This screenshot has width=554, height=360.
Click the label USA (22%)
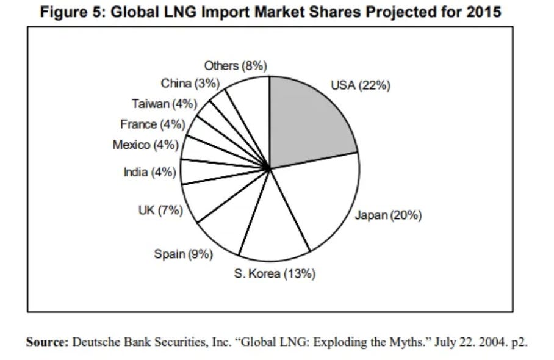pos(361,85)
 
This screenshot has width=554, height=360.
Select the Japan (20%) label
pos(388,215)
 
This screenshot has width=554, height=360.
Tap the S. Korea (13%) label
pos(275,274)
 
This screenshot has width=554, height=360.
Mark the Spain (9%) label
pos(183,254)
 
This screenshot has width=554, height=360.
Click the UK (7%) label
pos(160,211)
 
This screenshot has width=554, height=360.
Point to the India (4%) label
pos(150,173)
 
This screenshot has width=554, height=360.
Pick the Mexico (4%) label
pos(145,145)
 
